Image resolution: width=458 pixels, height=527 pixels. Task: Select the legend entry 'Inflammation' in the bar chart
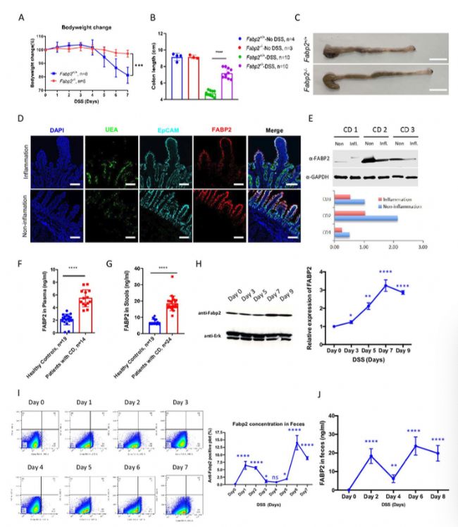tap(392, 199)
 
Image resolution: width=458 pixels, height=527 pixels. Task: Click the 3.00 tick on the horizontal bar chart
tap(422, 246)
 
